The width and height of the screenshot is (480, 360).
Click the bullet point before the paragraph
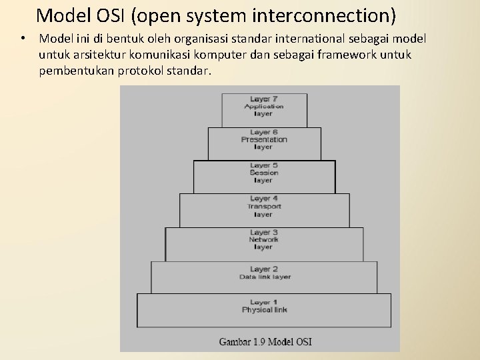pyautogui.click(x=23, y=39)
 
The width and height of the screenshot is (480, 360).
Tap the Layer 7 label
pyautogui.click(x=264, y=99)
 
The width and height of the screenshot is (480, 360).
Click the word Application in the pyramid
pyautogui.click(x=264, y=106)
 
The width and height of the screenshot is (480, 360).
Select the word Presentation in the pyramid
pyautogui.click(x=264, y=139)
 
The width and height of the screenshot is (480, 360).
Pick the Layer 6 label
pyautogui.click(x=264, y=132)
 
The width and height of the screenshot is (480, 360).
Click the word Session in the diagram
pyautogui.click(x=264, y=173)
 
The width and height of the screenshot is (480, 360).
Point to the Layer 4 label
pyautogui.click(x=264, y=199)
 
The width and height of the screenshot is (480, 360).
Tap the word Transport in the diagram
pyautogui.click(x=264, y=206)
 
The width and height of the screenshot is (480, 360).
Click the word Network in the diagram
pyautogui.click(x=264, y=239)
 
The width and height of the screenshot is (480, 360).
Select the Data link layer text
pyautogui.click(x=265, y=277)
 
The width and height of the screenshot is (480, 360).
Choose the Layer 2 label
pyautogui.click(x=264, y=269)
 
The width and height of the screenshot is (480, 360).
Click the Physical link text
pyautogui.click(x=264, y=310)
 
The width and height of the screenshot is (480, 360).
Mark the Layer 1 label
pyautogui.click(x=264, y=302)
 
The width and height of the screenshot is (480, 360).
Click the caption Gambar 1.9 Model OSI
pyautogui.click(x=265, y=342)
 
